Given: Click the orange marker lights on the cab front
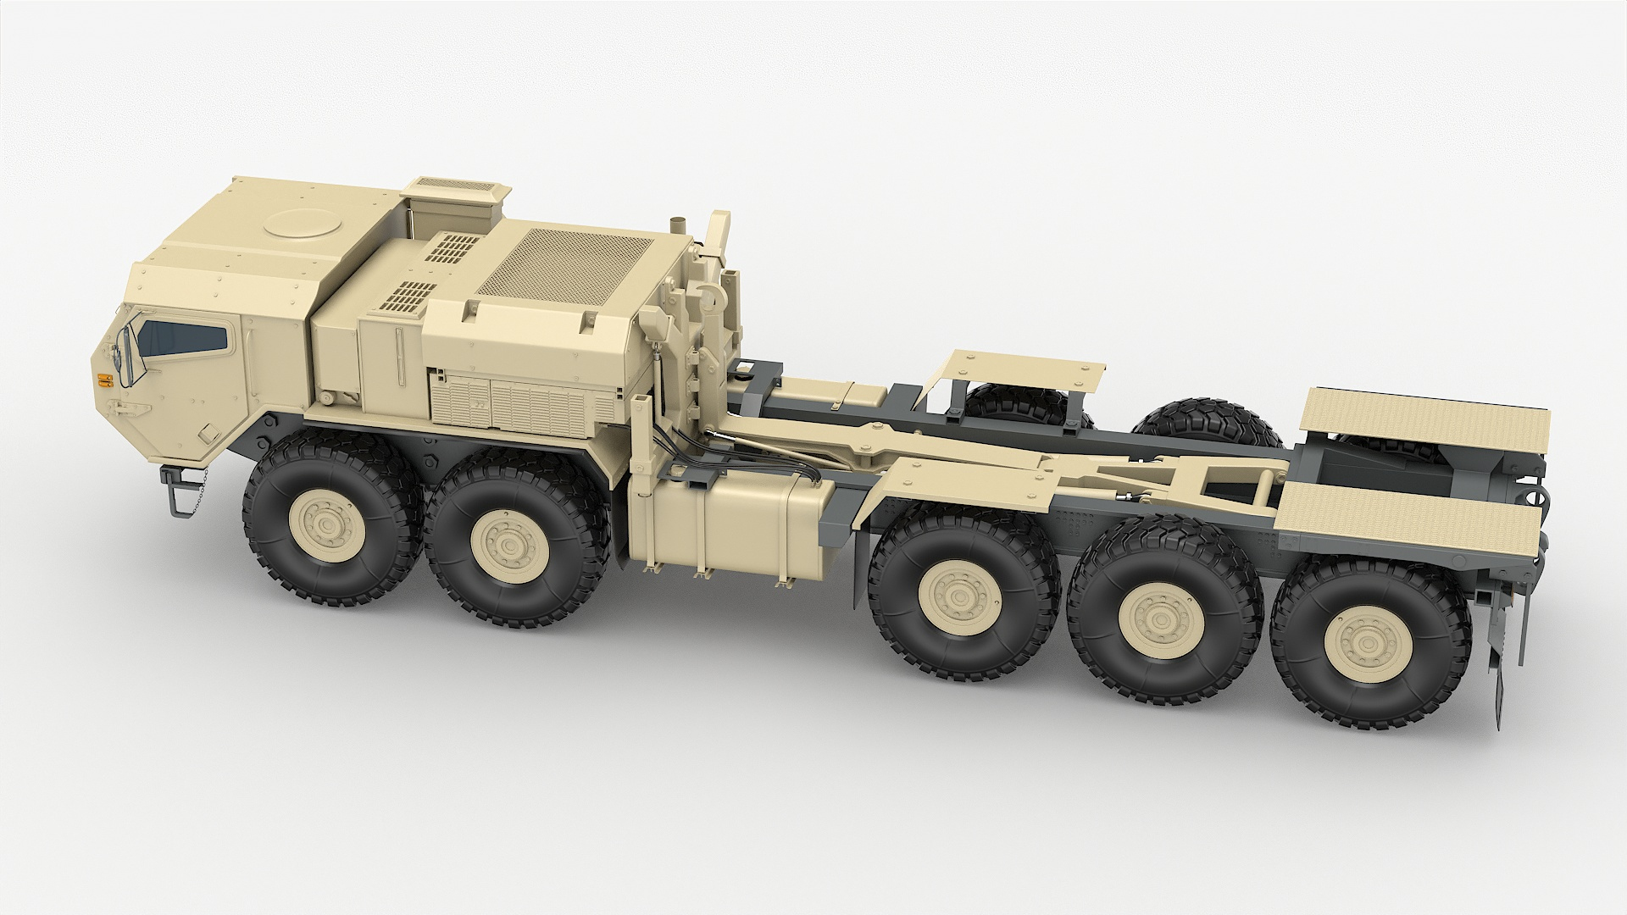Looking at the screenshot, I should click(x=104, y=379).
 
